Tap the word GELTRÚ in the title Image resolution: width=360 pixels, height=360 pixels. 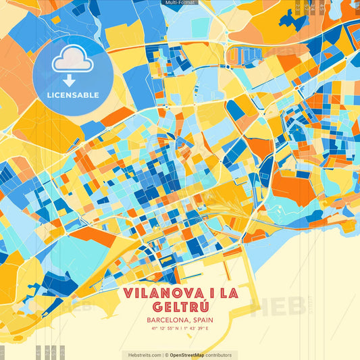tap(180, 307)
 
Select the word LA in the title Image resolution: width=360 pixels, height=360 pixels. tap(228, 293)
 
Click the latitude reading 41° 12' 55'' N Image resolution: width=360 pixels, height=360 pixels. tap(163, 330)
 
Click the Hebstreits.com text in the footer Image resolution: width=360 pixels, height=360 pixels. tap(141, 355)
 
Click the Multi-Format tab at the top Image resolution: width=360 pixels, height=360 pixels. tap(180, 3)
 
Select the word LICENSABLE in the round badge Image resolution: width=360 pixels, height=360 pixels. tap(73, 95)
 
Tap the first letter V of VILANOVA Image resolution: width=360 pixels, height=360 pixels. tap(128, 293)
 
